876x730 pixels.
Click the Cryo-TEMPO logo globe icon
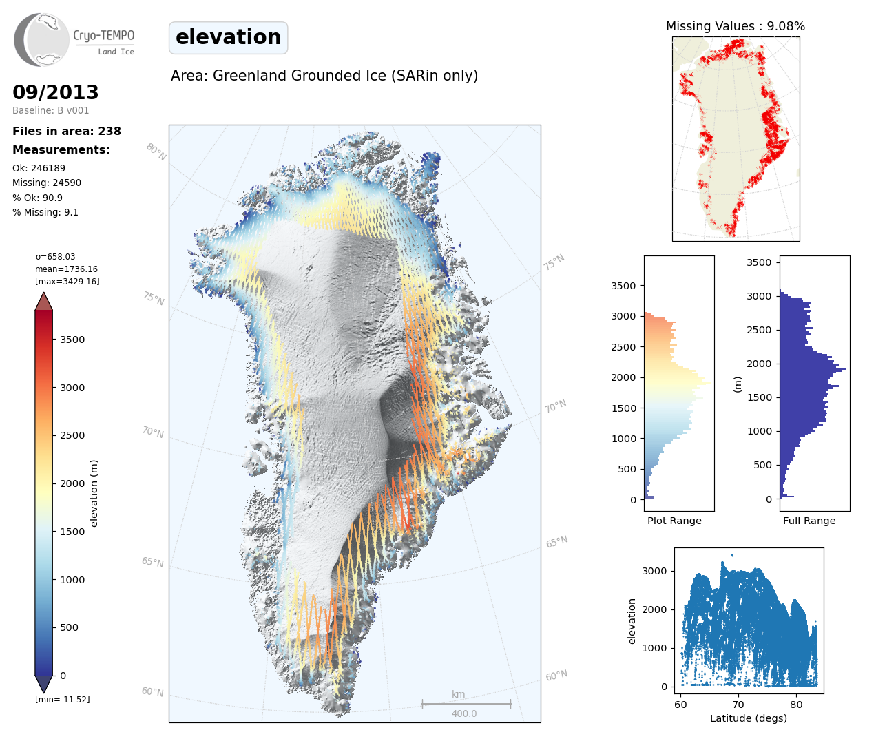pyautogui.click(x=43, y=40)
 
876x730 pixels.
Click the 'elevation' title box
pyautogui.click(x=228, y=37)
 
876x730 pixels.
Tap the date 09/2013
pyautogui.click(x=56, y=92)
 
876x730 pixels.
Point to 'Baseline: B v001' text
pyautogui.click(x=51, y=110)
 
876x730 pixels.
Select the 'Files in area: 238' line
pyautogui.click(x=67, y=131)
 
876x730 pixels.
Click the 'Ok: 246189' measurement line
pyautogui.click(x=39, y=168)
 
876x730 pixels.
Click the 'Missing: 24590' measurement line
pyautogui.click(x=47, y=183)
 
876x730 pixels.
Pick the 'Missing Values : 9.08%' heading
pyautogui.click(x=736, y=26)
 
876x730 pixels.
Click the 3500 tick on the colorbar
pyautogui.click(x=72, y=340)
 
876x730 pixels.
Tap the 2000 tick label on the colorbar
pyautogui.click(x=72, y=483)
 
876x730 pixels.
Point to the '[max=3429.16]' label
pyautogui.click(x=67, y=282)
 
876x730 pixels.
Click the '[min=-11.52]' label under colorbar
pyautogui.click(x=63, y=700)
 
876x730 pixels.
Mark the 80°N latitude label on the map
pyautogui.click(x=156, y=152)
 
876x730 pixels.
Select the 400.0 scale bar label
pyautogui.click(x=464, y=713)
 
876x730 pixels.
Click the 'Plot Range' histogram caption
pyautogui.click(x=674, y=521)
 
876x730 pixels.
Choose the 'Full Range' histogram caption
pyautogui.click(x=809, y=521)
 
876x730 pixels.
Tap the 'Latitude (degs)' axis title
pyautogui.click(x=749, y=718)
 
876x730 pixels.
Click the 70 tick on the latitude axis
pyautogui.click(x=738, y=705)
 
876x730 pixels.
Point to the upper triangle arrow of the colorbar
pyautogui.click(x=44, y=302)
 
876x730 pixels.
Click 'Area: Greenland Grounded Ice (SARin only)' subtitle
pyautogui.click(x=324, y=76)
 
